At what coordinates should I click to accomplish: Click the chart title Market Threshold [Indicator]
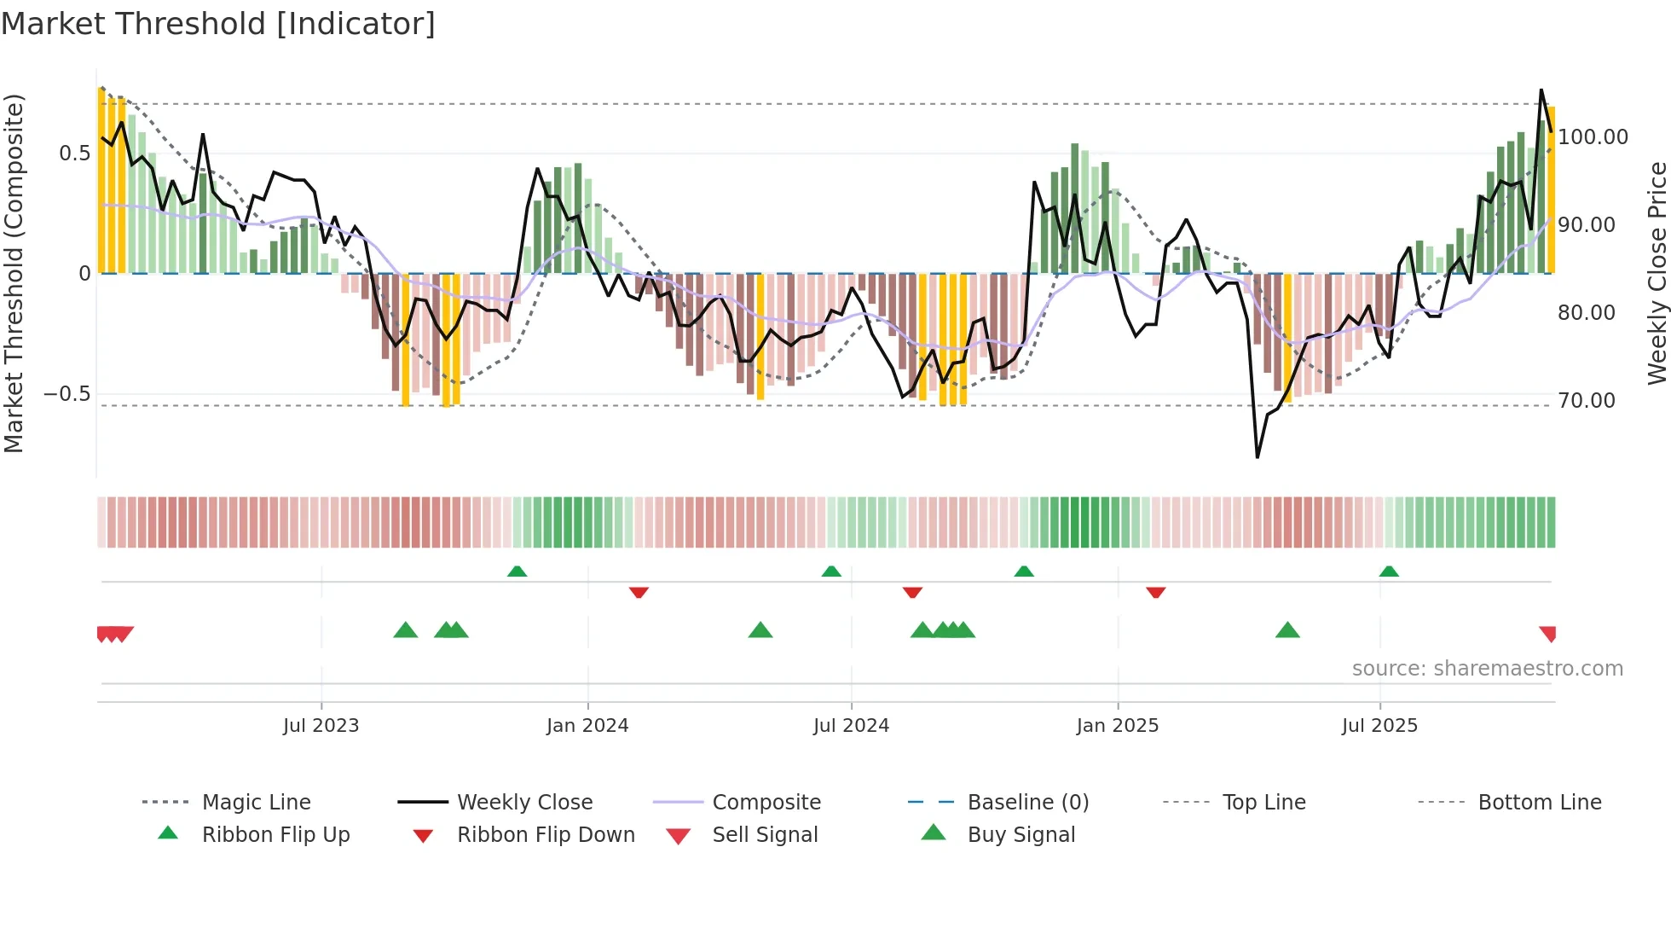pyautogui.click(x=218, y=24)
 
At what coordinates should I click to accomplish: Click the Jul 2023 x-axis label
pyautogui.click(x=321, y=726)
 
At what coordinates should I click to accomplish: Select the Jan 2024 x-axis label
pyautogui.click(x=587, y=726)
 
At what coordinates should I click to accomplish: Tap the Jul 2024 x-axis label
pyautogui.click(x=851, y=726)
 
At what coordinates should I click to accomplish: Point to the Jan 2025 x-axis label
pyautogui.click(x=1117, y=726)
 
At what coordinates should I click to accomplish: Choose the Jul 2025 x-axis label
pyautogui.click(x=1379, y=726)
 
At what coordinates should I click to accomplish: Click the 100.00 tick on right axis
pyautogui.click(x=1593, y=137)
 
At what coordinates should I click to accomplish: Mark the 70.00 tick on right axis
pyautogui.click(x=1587, y=401)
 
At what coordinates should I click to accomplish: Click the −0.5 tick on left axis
pyautogui.click(x=66, y=394)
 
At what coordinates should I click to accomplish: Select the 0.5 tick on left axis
pyautogui.click(x=74, y=154)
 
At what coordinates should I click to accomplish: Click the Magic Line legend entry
pyautogui.click(x=256, y=803)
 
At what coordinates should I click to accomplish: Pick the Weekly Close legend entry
pyautogui.click(x=524, y=803)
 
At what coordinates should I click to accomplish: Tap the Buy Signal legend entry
pyautogui.click(x=1021, y=835)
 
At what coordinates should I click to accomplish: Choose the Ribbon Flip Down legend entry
pyautogui.click(x=546, y=835)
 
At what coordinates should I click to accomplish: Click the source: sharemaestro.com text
pyautogui.click(x=1487, y=669)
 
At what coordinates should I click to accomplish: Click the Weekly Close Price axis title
pyautogui.click(x=1657, y=273)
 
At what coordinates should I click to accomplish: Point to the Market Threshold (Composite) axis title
pyautogui.click(x=14, y=273)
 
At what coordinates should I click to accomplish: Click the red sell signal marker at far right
pyautogui.click(x=1547, y=633)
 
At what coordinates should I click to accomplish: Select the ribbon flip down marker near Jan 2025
pyautogui.click(x=1155, y=592)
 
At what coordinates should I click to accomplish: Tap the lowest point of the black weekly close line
pyautogui.click(x=1258, y=457)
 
